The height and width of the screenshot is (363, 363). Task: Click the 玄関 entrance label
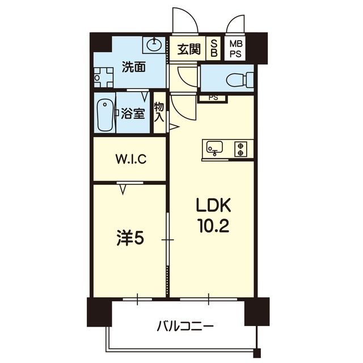point(188,49)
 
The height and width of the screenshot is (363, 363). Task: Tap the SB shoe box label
point(214,49)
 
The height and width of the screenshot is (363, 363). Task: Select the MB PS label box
point(235,49)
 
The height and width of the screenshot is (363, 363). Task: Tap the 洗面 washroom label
point(133,67)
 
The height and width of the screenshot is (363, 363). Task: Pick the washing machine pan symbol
point(103,77)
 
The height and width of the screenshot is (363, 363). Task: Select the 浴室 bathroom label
point(133,113)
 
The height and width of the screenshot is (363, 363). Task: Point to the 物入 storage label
point(159,112)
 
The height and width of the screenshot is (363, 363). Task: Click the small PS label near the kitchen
point(213,98)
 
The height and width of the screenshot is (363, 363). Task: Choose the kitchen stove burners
point(241,149)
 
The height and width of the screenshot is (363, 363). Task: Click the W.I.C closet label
point(132,159)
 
